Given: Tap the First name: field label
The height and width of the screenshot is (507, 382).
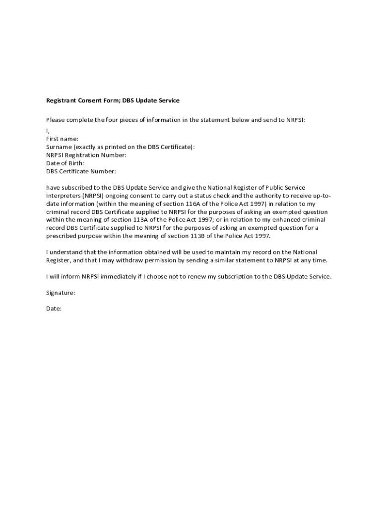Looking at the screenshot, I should [x=62, y=139].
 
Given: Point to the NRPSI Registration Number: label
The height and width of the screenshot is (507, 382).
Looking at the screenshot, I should [x=86, y=155].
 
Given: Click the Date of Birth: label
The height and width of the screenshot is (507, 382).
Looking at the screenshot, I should [x=65, y=163].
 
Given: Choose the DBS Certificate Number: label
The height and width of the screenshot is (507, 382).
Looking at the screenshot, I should [x=81, y=171].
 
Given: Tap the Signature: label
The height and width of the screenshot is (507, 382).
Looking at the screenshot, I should [x=61, y=293].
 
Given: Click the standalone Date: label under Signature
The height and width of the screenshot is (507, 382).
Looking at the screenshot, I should [x=54, y=308].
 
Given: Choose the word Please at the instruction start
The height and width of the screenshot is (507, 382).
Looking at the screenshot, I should [x=56, y=120].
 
